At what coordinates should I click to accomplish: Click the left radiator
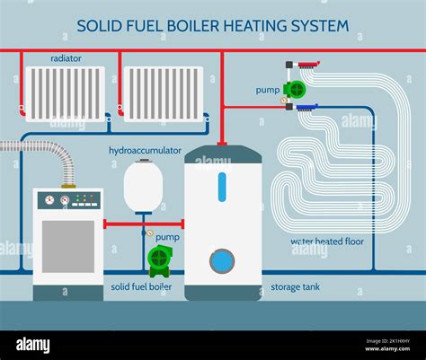(66, 93)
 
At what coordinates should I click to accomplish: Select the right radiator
(162, 93)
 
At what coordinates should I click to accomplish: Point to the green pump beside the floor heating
(294, 89)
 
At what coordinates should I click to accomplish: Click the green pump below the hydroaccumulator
(159, 259)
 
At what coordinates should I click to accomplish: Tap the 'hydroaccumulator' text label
(144, 151)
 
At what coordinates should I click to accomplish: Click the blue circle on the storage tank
(222, 262)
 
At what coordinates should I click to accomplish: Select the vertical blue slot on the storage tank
(222, 188)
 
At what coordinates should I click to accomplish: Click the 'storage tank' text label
(292, 286)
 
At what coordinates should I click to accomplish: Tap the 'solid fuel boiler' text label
(141, 286)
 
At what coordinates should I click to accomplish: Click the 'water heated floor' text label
(328, 241)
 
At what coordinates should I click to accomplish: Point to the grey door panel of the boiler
(67, 245)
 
